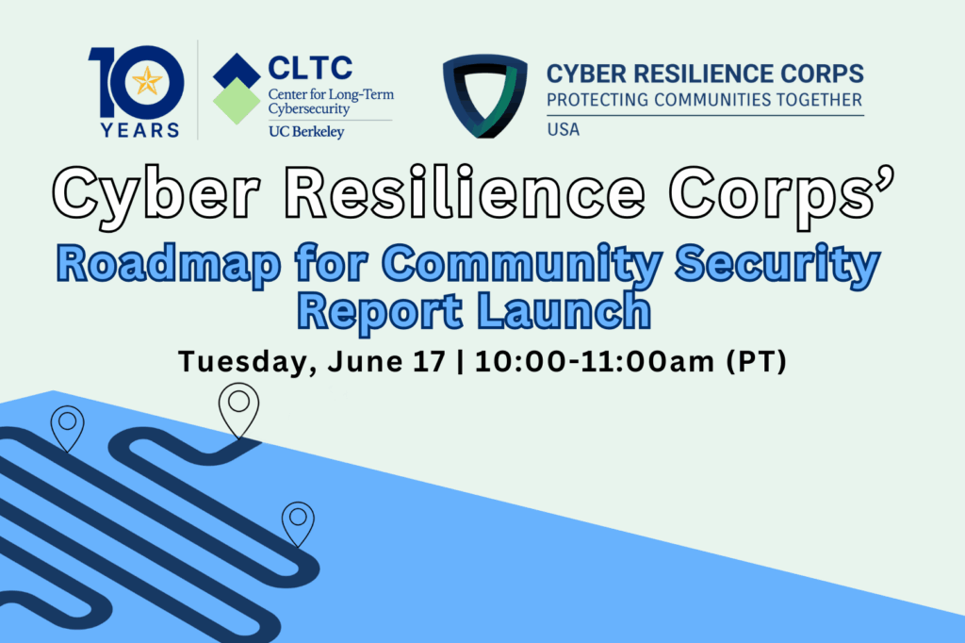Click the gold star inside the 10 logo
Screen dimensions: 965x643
click(147, 81)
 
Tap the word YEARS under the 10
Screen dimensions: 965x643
click(140, 130)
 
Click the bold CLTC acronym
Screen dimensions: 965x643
click(310, 68)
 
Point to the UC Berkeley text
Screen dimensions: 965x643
click(306, 132)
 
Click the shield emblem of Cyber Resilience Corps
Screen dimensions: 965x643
click(485, 95)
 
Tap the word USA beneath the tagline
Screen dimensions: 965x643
click(564, 129)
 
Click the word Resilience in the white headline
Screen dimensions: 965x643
click(466, 192)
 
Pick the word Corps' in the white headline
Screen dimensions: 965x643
click(781, 194)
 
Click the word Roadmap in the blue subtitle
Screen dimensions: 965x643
click(169, 264)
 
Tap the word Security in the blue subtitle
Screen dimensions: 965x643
click(777, 264)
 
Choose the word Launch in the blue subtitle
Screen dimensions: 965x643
click(564, 311)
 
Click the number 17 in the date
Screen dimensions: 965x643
click(429, 361)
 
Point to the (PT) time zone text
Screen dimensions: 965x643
click(757, 361)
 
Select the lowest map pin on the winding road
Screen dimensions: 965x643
click(298, 524)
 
